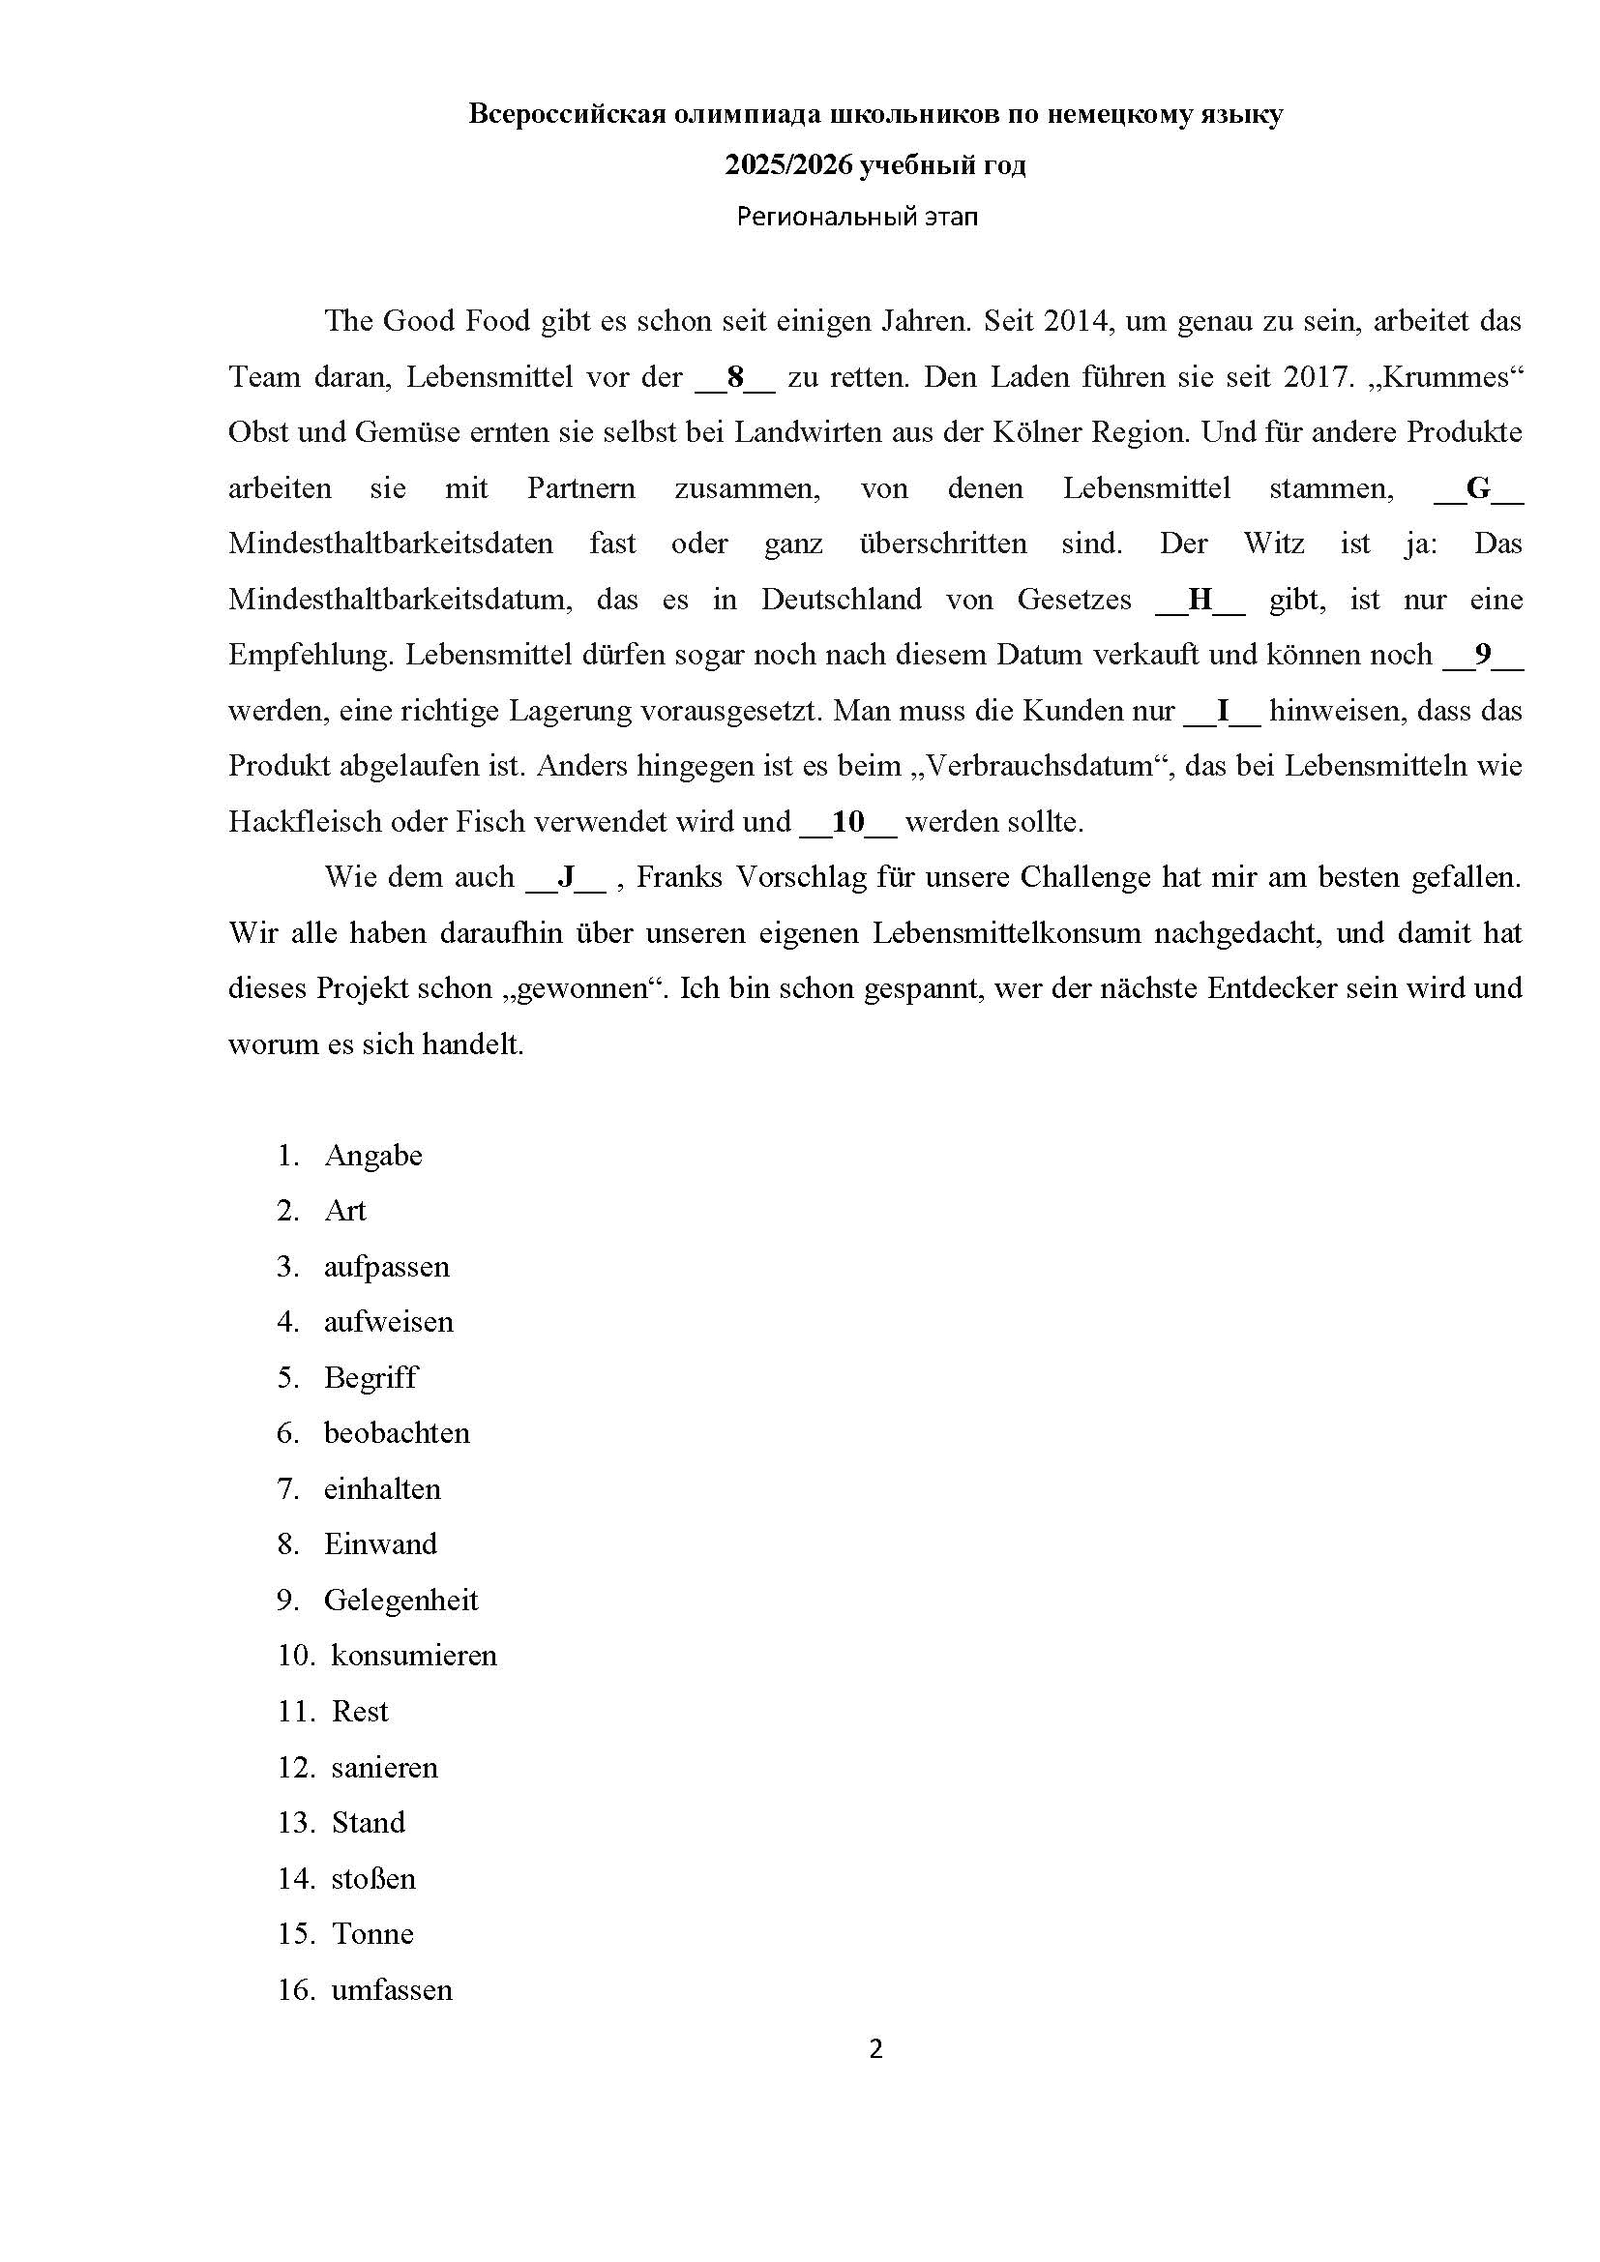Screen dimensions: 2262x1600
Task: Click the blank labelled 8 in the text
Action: click(735, 377)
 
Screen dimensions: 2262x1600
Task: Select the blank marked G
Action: click(1478, 488)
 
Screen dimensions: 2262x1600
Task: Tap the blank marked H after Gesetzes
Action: click(1199, 600)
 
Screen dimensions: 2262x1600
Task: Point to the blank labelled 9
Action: click(1483, 655)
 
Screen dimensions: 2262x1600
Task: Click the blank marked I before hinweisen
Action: click(1222, 712)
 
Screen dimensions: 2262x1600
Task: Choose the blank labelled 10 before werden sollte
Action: click(847, 823)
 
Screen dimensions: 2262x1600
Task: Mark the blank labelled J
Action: click(567, 878)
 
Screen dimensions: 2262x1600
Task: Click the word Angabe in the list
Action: click(373, 1156)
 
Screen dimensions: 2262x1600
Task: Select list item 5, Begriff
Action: click(370, 1377)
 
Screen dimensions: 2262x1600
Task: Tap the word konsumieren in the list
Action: click(414, 1655)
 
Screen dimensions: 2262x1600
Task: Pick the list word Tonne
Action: click(372, 1933)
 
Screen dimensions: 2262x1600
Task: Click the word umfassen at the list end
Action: click(392, 1989)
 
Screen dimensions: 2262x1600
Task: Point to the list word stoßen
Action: click(373, 1878)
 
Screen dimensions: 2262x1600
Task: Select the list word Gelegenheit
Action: click(401, 1600)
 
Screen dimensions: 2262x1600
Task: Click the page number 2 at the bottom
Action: click(875, 2050)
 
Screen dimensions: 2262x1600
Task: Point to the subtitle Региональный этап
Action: click(857, 217)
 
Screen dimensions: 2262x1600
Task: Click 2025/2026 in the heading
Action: click(787, 165)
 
